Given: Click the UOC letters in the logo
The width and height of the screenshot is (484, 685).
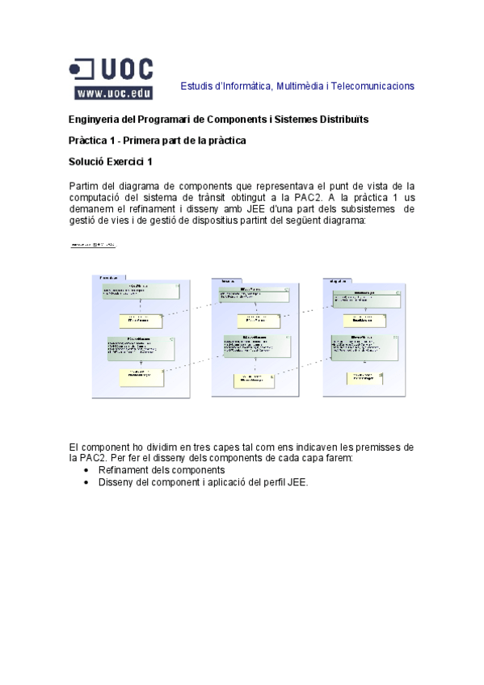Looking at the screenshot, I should [x=125, y=69].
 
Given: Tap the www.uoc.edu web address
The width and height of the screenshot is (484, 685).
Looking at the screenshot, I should [x=113, y=93].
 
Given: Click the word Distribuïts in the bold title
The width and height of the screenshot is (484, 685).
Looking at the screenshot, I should [x=343, y=120].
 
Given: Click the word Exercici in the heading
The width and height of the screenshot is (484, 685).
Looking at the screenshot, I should [x=127, y=162].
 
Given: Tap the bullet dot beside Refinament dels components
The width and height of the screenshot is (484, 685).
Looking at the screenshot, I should [x=86, y=470].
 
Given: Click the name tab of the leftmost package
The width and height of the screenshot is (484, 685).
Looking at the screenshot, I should [x=108, y=277].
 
